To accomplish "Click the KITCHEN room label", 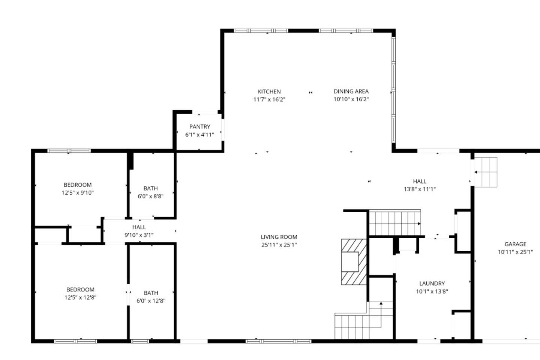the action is point(269,91).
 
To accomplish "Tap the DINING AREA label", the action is point(351,91).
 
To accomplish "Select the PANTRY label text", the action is point(199,127).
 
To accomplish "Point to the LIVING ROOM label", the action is point(279,237).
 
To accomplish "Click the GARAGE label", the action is point(515,244).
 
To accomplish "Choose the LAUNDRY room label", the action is point(432,283).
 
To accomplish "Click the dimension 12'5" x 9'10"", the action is point(78,193).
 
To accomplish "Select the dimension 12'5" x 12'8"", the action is point(80,297).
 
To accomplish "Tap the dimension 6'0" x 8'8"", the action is point(151,196).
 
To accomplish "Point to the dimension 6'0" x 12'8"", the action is point(151,301).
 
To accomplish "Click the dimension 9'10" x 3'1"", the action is point(139,235).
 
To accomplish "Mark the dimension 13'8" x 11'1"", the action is point(420,189).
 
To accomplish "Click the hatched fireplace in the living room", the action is point(354,262).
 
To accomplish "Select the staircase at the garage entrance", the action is point(486,172).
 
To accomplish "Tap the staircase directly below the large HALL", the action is point(395,222).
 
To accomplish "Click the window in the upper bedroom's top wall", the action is point(69,151).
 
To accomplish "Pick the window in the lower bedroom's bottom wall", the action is point(75,341).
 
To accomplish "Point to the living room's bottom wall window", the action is point(278,341).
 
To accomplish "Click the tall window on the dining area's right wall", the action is point(393,90).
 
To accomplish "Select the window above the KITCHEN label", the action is point(261,31).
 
